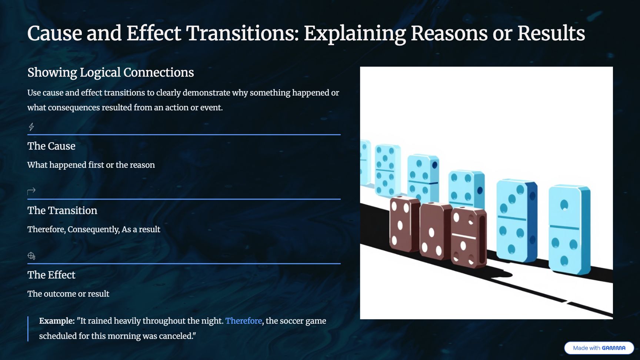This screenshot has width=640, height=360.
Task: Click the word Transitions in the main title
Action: [x=242, y=33]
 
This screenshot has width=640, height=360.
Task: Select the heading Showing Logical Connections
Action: [x=111, y=72]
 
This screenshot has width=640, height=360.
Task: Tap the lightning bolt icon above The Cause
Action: [x=31, y=127]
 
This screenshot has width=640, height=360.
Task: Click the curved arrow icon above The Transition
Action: [x=31, y=191]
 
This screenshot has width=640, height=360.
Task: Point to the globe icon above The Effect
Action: [x=31, y=256]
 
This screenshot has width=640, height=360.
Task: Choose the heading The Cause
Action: [x=51, y=146]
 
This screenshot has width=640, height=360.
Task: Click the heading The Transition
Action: [x=62, y=210]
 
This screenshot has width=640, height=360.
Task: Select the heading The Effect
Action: [x=51, y=275]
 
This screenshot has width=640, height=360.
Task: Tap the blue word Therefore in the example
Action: [x=244, y=321]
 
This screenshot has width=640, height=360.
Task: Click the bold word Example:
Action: [x=57, y=321]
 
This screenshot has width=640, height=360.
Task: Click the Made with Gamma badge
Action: [x=599, y=348]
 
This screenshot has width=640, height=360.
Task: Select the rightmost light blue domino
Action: [x=569, y=230]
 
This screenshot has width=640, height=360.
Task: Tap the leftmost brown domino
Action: [x=404, y=224]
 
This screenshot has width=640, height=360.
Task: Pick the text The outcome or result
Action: [x=68, y=294]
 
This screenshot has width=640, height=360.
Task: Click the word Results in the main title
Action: [x=551, y=33]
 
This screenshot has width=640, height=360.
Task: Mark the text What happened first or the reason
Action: [x=91, y=165]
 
